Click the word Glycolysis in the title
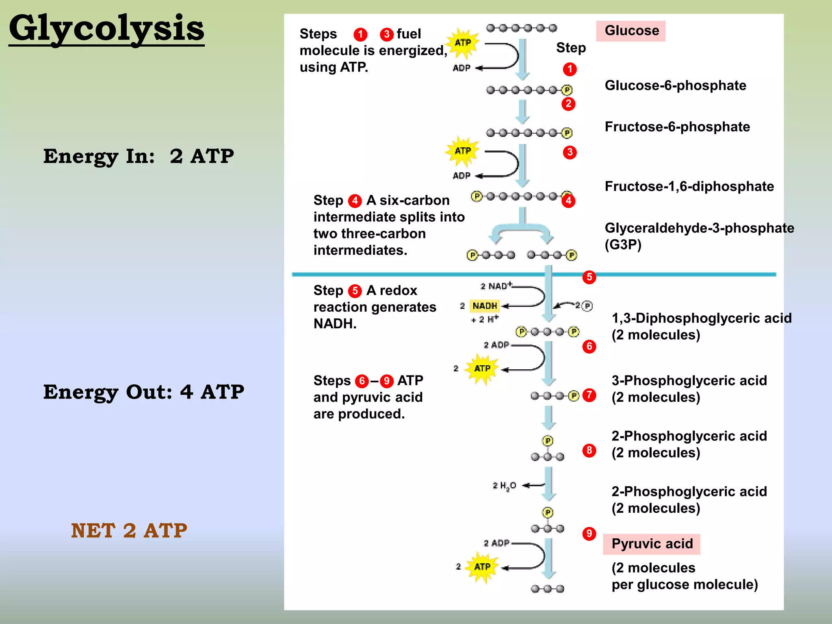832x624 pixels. click(106, 28)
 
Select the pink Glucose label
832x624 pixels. click(631, 31)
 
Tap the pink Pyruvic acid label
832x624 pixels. click(652, 544)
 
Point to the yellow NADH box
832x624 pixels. click(484, 305)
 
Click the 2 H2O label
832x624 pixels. click(504, 485)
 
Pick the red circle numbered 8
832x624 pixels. click(589, 450)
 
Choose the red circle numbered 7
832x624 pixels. click(589, 395)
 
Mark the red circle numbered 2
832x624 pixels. click(568, 104)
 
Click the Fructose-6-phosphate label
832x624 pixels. click(677, 127)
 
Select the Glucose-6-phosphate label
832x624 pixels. click(675, 85)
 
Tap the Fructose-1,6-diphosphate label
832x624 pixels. click(689, 186)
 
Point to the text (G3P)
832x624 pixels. click(623, 245)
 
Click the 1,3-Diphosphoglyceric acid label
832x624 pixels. click(702, 318)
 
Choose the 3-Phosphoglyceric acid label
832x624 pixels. click(689, 381)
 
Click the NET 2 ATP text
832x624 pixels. click(129, 531)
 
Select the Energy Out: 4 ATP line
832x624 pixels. click(144, 392)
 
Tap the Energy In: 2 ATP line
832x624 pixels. click(139, 156)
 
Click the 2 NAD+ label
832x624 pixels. click(496, 286)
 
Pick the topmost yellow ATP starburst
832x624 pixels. click(463, 43)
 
